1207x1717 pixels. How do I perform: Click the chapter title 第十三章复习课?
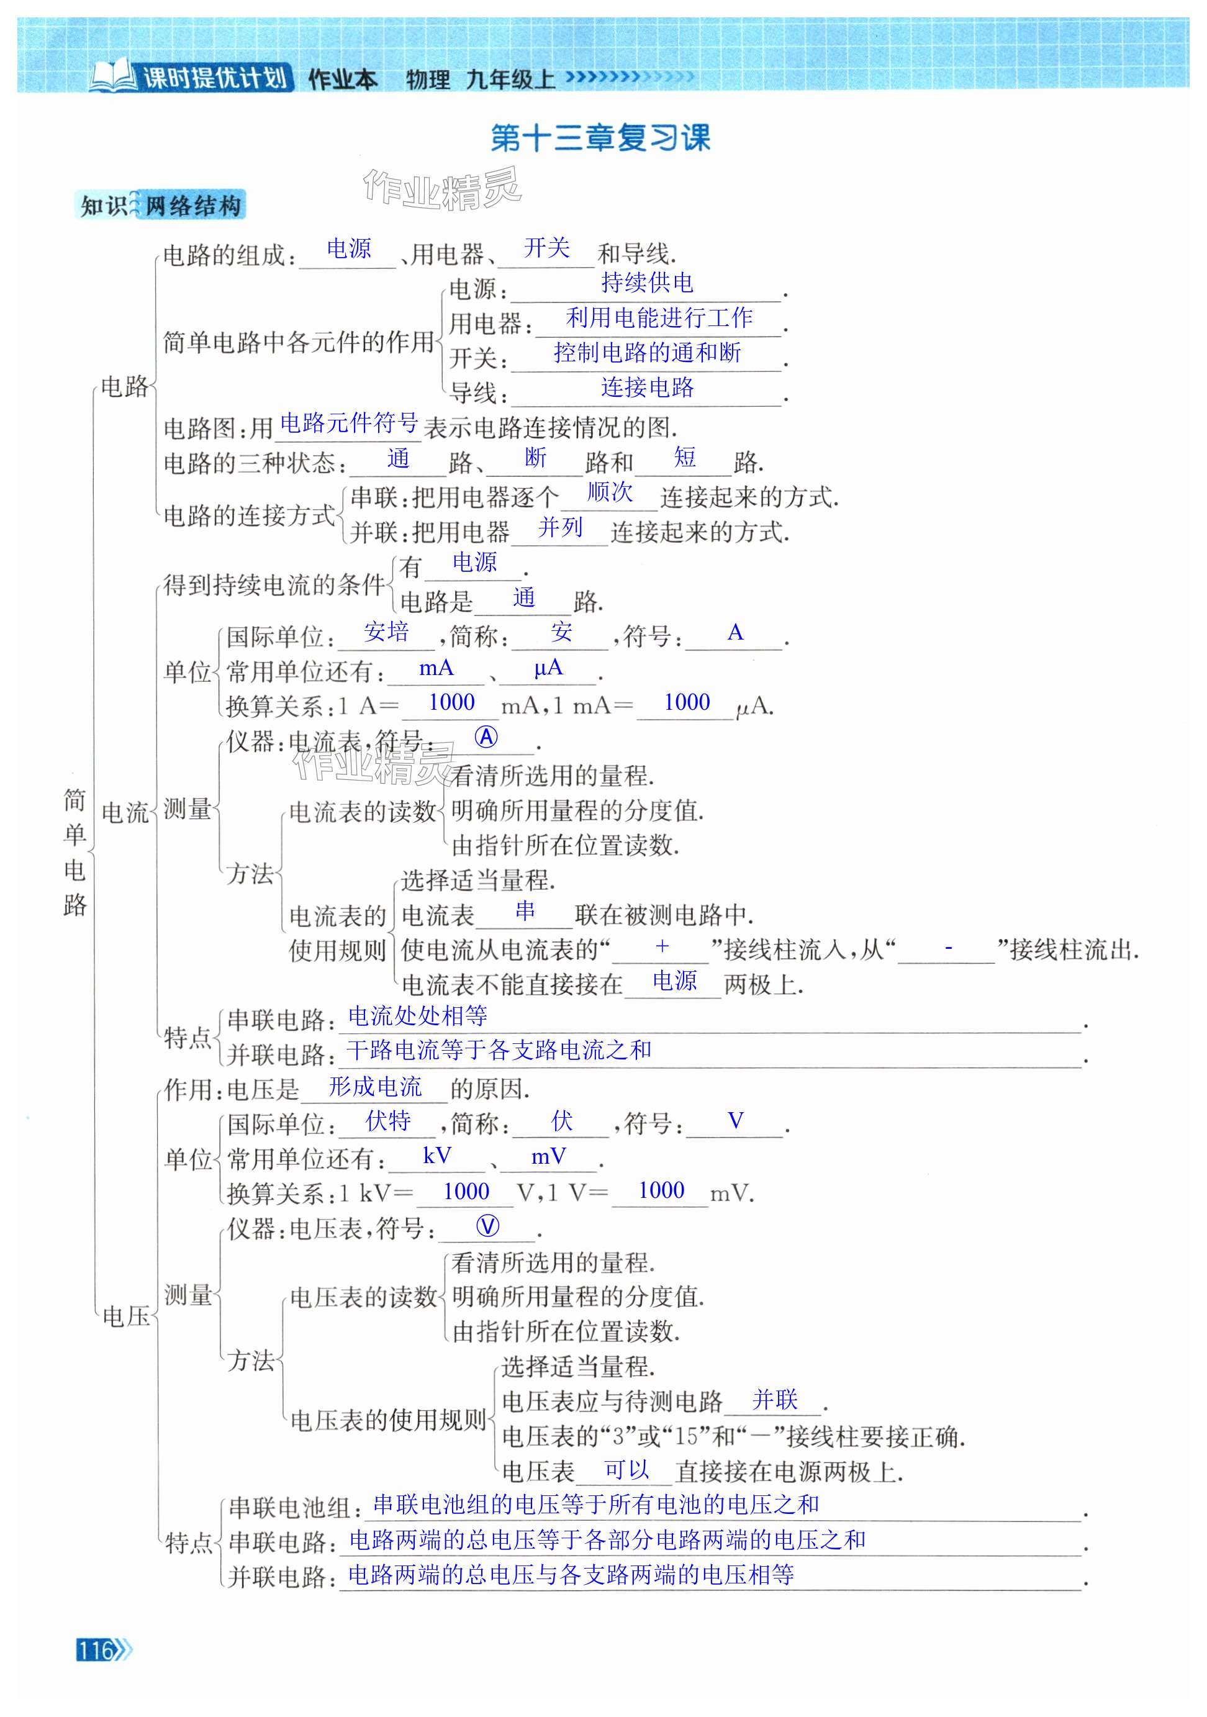600,138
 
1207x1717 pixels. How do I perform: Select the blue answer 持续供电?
647,283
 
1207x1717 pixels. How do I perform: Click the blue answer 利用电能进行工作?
659,318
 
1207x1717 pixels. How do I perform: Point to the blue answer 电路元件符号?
348,424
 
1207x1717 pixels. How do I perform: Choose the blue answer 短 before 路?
684,457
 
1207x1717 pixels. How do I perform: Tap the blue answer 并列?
560,527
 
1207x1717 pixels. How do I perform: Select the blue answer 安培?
386,632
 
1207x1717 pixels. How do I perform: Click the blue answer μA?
548,667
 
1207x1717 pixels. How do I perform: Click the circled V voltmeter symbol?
487,1226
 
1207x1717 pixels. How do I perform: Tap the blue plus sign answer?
662,946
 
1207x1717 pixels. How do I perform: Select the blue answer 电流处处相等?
417,1015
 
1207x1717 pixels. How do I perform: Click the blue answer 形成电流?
376,1087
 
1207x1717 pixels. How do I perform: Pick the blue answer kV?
436,1156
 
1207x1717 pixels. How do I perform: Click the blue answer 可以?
626,1469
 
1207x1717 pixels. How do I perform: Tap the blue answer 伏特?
388,1120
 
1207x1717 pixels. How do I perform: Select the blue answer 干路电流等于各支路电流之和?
499,1050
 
